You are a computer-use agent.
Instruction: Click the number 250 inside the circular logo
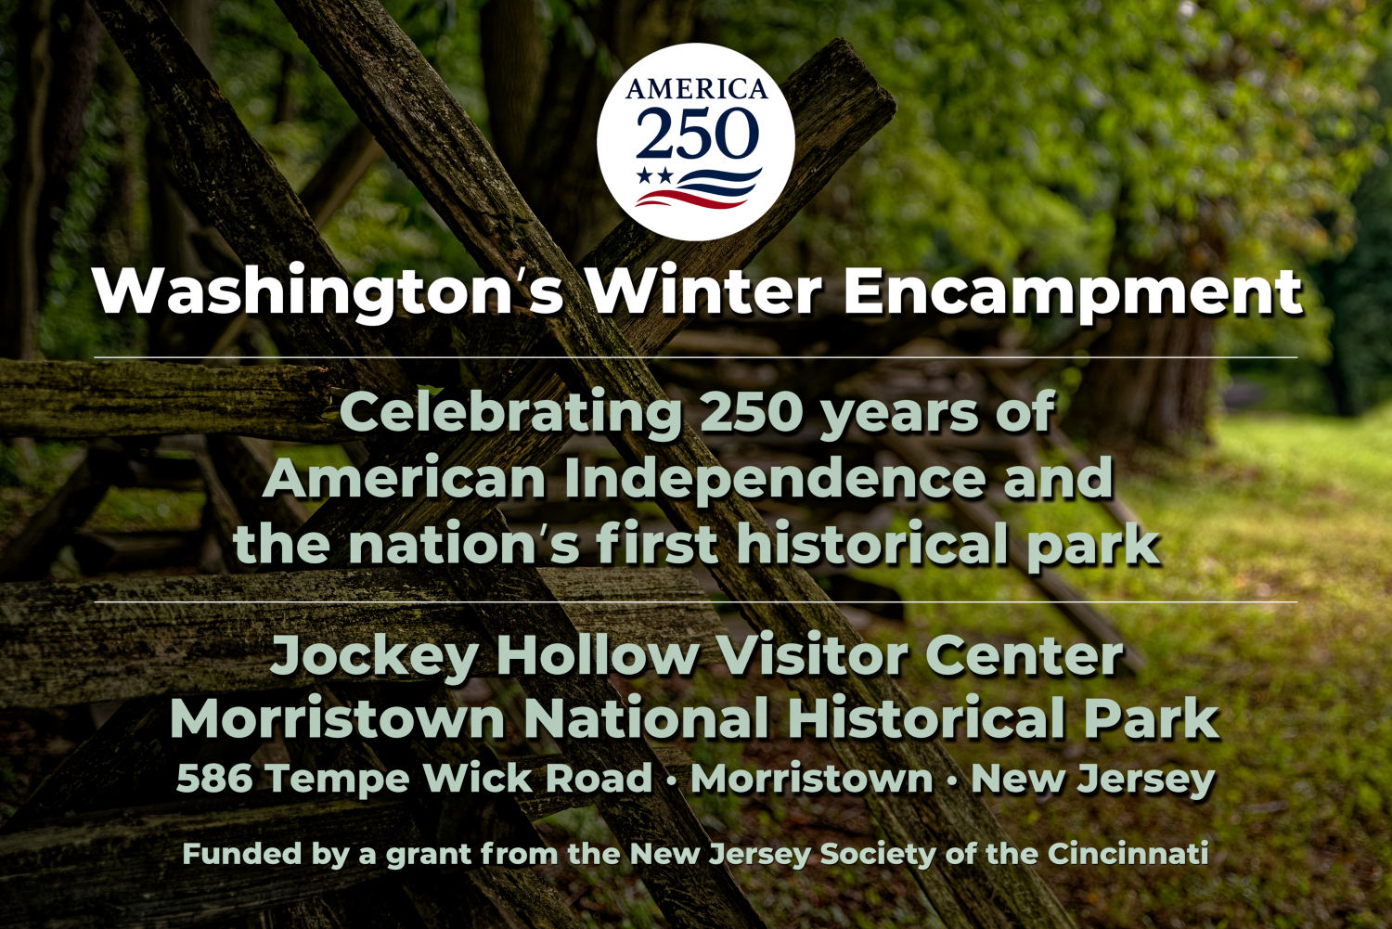[x=697, y=133]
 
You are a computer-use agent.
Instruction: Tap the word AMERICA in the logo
[x=696, y=89]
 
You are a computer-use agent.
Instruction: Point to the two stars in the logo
[x=655, y=175]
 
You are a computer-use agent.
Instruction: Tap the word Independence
[x=774, y=481]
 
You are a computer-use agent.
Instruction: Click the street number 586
[x=214, y=779]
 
